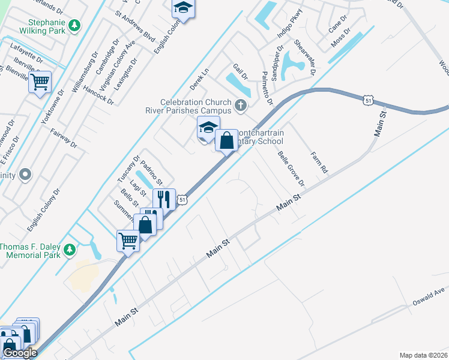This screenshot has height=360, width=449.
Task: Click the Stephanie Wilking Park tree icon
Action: (x=74, y=26)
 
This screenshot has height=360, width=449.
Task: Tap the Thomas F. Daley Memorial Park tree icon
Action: (x=70, y=248)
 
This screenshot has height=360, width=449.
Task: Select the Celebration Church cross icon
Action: (x=241, y=106)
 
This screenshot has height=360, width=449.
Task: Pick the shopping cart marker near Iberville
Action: (x=40, y=82)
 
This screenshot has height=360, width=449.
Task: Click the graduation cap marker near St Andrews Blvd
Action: (x=183, y=8)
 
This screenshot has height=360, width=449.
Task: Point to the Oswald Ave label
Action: (x=429, y=296)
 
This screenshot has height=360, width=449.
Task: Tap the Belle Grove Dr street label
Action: (x=291, y=168)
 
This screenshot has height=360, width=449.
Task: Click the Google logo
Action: (x=20, y=353)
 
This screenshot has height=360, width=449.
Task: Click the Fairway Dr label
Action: (x=64, y=138)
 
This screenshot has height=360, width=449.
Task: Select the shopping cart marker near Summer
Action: (x=128, y=241)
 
